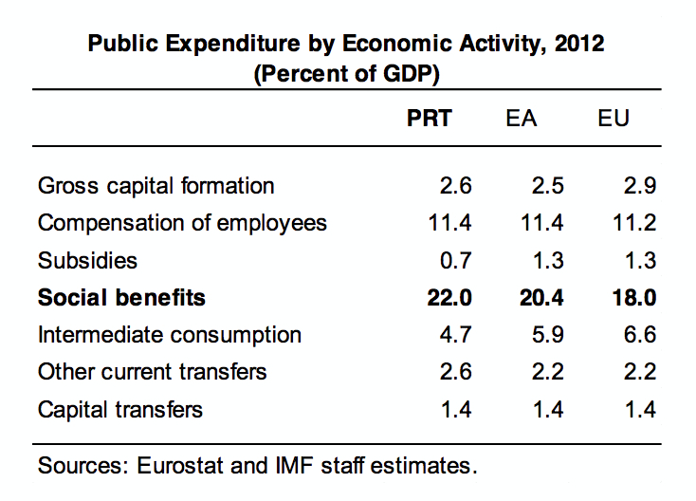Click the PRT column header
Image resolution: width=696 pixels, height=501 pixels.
click(430, 118)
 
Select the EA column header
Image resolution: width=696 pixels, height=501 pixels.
click(521, 118)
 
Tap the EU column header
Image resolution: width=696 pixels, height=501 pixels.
click(614, 118)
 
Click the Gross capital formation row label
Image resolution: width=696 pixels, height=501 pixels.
click(156, 186)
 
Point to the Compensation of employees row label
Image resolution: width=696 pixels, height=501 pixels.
click(182, 223)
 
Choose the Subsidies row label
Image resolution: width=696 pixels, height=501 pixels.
click(87, 260)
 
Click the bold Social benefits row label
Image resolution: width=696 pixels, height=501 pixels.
click(121, 298)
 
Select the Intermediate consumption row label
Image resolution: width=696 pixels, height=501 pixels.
click(170, 335)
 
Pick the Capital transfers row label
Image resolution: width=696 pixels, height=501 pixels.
click(120, 410)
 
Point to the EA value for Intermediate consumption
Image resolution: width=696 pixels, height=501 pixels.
click(548, 335)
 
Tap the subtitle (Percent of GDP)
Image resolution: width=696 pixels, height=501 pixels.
click(348, 72)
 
